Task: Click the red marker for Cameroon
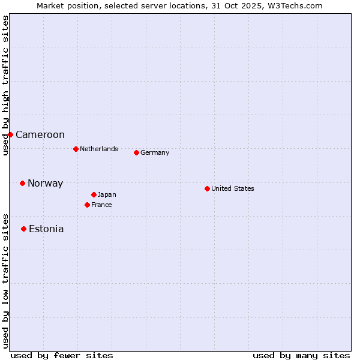coord(10,134)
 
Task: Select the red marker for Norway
coord(22,183)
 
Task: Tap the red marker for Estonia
coord(23,229)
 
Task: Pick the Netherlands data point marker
coord(76,149)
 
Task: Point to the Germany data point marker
coord(136,152)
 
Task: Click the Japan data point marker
coord(94,194)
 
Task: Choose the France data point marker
coord(87,205)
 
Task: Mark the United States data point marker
coord(207,188)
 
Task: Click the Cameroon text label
coord(40,135)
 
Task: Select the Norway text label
coord(45,184)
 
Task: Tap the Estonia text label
coord(46,229)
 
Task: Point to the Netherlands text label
coord(99,149)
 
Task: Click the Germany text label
coord(155,152)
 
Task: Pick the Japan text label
coord(107,194)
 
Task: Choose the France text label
coord(101,205)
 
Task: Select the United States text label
coord(233,188)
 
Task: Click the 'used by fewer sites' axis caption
coord(62,355)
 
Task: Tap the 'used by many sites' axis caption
coord(301,355)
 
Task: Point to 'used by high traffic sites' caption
coord(5,86)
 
